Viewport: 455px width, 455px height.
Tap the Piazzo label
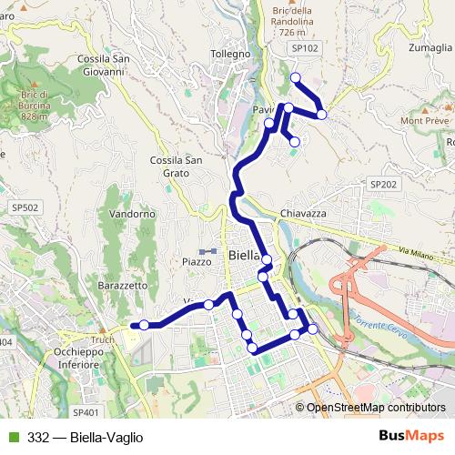[197, 261]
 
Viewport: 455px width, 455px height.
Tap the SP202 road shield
[383, 184]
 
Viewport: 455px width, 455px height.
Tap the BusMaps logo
[411, 436]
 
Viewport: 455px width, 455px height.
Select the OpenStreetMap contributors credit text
[376, 408]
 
